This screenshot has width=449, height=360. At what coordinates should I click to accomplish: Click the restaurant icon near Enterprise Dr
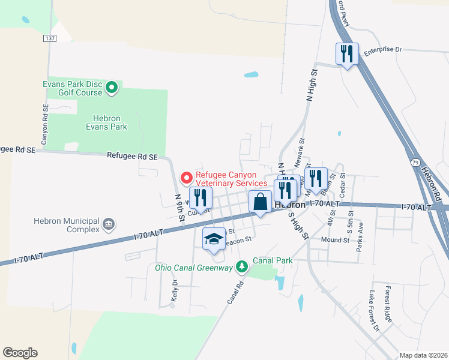coord(347,54)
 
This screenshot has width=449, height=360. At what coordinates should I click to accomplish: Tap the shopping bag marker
coord(261,202)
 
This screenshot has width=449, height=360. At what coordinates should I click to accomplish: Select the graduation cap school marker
coord(214,239)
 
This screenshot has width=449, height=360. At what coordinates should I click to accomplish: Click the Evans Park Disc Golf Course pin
coord(111,89)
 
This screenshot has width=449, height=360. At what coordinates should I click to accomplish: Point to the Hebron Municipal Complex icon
coord(109,225)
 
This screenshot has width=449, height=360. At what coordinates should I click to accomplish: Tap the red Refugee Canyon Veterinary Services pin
coord(186,178)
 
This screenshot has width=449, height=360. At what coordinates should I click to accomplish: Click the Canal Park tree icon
coord(242,265)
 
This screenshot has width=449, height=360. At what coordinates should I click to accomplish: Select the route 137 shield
coord(49,38)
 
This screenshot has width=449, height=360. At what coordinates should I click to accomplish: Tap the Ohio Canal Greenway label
coord(193,268)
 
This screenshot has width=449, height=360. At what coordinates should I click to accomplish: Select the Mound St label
coord(335,240)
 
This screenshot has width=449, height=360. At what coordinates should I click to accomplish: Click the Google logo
coord(20,353)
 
